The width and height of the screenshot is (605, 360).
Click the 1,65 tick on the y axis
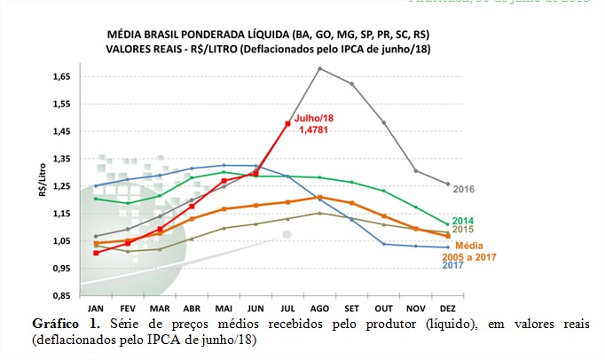(x=59, y=77)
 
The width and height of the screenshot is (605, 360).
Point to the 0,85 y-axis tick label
(x=59, y=295)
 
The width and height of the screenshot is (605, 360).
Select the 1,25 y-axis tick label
(x=59, y=186)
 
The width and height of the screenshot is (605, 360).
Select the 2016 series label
(x=465, y=189)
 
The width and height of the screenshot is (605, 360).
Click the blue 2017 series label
(x=453, y=265)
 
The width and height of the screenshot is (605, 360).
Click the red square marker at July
(x=287, y=123)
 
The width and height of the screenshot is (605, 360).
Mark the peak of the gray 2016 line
(x=319, y=68)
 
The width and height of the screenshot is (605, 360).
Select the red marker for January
(x=96, y=253)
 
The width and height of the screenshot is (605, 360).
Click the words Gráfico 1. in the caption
(x=63, y=323)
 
